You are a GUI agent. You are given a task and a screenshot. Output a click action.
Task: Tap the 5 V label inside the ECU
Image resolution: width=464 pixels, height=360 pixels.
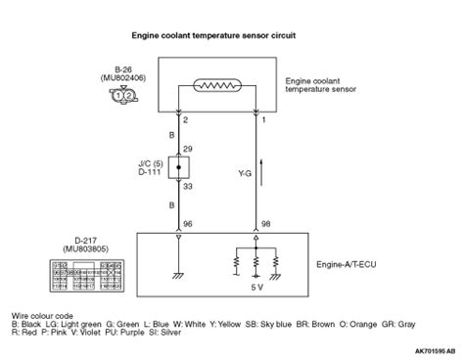257,288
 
